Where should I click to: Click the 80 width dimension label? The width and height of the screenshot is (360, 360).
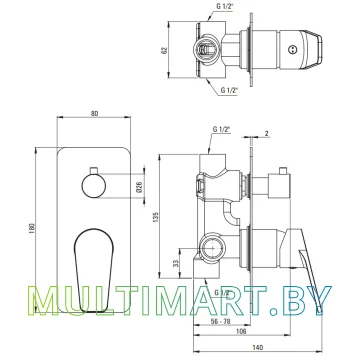click(94, 113)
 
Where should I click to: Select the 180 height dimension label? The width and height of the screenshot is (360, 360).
click(32, 229)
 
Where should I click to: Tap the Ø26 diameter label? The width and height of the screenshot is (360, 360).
click(140, 186)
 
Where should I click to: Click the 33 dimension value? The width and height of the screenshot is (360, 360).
click(176, 263)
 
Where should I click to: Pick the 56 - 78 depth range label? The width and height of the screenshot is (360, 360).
click(221, 321)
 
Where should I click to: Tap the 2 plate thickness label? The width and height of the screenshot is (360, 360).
click(266, 134)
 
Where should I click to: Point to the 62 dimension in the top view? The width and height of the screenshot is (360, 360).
click(163, 50)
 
